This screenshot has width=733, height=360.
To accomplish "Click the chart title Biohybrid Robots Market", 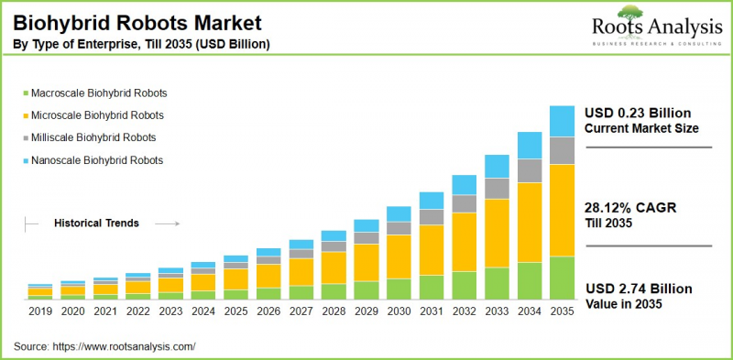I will pos(137,20).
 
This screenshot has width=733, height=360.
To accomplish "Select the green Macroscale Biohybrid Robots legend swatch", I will pos(25,93).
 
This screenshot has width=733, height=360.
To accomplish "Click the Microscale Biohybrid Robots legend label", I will pos(98,115).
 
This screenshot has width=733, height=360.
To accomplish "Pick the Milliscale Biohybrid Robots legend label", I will pos(94,137).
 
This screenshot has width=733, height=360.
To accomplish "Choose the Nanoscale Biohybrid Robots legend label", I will pos(97,159).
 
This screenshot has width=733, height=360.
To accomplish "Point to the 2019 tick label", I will pos(39,312).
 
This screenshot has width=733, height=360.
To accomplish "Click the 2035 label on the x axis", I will pos(562,312).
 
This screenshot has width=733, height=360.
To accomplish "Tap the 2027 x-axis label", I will pos(301,312).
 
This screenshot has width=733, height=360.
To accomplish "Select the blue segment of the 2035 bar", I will pos(562,121).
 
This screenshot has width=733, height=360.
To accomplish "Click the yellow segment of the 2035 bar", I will pos(562,210).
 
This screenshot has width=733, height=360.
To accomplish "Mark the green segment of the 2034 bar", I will pos(529,280).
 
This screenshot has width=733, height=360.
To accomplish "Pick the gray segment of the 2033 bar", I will pos(497,188).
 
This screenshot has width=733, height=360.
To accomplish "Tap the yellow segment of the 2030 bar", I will pos(399,256).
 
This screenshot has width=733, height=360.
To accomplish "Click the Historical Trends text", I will pos(97,223).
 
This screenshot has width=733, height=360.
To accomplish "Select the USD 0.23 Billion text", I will pos(638,113).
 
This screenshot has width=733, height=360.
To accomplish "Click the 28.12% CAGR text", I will pos(630,208).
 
